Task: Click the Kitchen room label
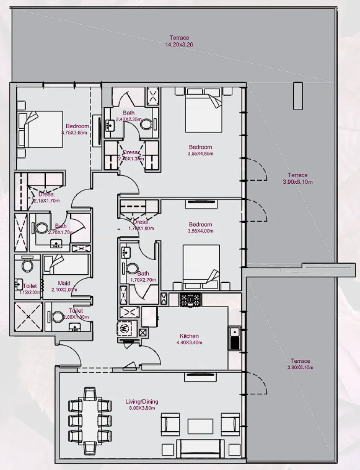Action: pos(189,336)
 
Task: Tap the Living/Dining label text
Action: pos(142,402)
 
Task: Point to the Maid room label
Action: pos(64,283)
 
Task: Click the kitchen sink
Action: pos(235,338)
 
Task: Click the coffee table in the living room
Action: pos(200,426)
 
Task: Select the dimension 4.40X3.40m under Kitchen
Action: pos(189,343)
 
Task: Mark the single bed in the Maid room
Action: pos(66,265)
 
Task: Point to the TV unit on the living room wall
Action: pos(200,377)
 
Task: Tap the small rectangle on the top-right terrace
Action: pos(298,96)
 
